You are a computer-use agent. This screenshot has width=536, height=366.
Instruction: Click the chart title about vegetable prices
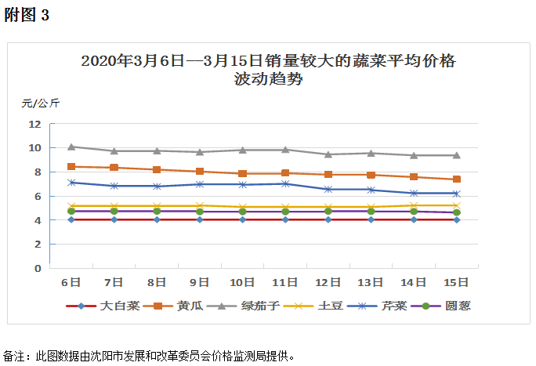point(268,69)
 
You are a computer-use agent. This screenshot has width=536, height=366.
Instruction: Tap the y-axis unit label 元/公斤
point(41,103)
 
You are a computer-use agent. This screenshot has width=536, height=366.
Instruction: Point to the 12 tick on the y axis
point(34,124)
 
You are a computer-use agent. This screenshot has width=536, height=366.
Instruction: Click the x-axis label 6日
point(71,281)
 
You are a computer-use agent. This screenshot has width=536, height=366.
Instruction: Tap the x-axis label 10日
point(242,281)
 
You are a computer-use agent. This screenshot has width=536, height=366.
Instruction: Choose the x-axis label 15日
point(456,281)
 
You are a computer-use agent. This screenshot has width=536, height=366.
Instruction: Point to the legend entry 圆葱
point(455,306)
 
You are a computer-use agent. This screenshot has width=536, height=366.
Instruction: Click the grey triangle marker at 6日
point(71,147)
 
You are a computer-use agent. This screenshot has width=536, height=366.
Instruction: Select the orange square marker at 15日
point(456,179)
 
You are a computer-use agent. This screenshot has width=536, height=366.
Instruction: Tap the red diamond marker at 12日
point(328,219)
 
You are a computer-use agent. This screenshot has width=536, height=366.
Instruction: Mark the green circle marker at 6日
point(71,211)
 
